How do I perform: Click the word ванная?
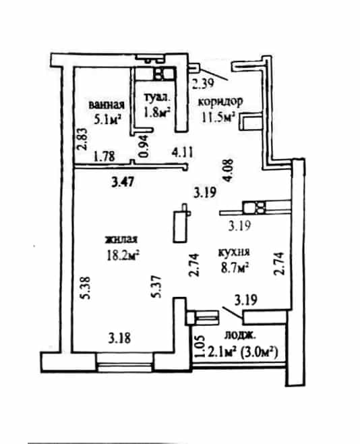(107, 105)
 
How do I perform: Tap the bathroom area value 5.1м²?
(107, 119)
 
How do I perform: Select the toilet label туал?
(158, 97)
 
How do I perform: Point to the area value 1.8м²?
(157, 112)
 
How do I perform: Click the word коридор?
(220, 101)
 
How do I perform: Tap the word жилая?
(121, 240)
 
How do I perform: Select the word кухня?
(233, 252)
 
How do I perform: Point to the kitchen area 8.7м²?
(235, 267)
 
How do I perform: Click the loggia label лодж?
(240, 335)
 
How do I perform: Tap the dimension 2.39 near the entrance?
(203, 84)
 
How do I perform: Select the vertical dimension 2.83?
(82, 139)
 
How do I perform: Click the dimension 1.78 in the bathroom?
(104, 156)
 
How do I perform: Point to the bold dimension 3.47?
(123, 182)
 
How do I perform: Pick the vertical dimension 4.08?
(228, 170)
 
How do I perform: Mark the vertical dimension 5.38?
(85, 287)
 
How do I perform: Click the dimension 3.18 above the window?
(119, 338)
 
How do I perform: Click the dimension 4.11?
(183, 153)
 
